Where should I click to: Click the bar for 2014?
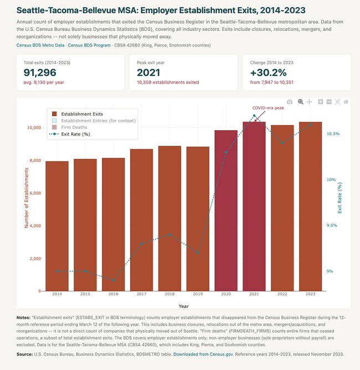point(57,226)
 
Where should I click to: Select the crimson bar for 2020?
point(226,210)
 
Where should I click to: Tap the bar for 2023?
point(311,207)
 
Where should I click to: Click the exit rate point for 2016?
point(114,280)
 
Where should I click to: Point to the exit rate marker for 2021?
point(254,116)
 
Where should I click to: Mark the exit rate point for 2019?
point(198,253)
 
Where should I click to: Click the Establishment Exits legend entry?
point(78,114)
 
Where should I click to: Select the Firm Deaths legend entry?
point(70,127)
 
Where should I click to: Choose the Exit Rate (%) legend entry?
point(70,134)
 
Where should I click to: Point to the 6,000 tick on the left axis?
point(35,193)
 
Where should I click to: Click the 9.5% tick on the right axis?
point(332,225)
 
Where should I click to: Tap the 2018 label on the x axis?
point(169,294)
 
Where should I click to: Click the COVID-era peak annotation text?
point(268,108)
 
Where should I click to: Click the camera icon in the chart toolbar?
point(290,102)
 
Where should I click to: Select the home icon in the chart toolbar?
point(346,102)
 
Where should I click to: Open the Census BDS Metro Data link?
point(40,45)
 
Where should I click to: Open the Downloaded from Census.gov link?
point(203,354)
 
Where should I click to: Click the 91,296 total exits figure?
point(40,73)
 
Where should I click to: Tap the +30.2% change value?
point(268,73)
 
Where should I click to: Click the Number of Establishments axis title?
point(27,198)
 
